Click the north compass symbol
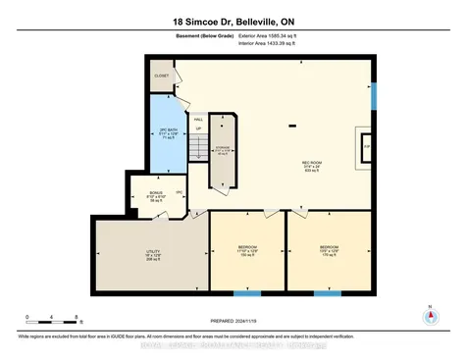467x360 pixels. tap(428, 319)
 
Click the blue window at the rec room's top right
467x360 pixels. tap(374, 95)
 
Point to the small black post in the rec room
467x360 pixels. tap(291, 126)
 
